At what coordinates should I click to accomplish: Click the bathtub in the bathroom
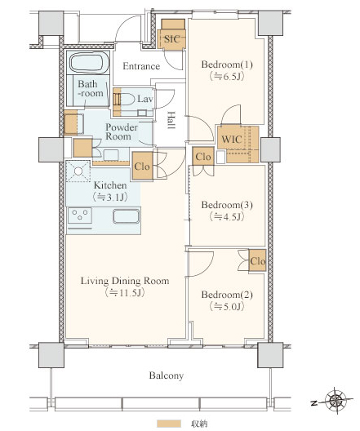(88, 63)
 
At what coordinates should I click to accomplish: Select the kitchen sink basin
(127, 216)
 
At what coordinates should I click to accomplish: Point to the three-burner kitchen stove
(80, 215)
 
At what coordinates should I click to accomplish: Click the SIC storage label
(172, 39)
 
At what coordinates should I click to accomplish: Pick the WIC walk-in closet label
(232, 140)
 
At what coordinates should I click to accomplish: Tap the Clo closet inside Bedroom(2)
(257, 260)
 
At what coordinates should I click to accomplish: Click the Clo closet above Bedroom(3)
(203, 157)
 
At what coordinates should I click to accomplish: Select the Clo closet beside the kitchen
(142, 167)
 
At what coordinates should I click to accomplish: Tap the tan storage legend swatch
(169, 424)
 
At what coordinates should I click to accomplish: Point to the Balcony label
(167, 375)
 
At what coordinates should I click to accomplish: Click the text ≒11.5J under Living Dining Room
(125, 293)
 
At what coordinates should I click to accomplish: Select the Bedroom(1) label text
(227, 64)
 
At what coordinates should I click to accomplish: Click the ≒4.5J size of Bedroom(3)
(227, 217)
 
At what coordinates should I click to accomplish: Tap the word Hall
(171, 120)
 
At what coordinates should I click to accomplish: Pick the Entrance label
(141, 66)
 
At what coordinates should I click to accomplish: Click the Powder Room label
(122, 131)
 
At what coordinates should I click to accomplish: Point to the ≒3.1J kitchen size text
(110, 197)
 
